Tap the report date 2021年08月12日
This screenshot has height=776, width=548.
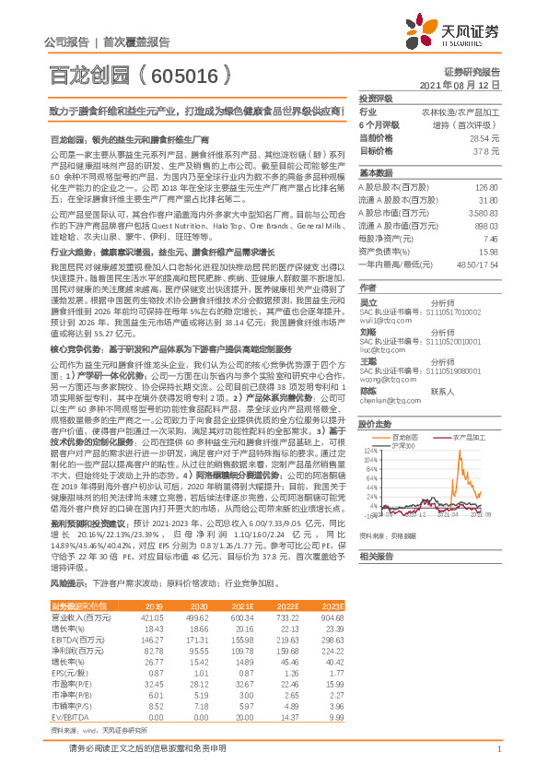coord(465,83)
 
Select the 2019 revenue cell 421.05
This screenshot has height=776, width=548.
coord(150,617)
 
